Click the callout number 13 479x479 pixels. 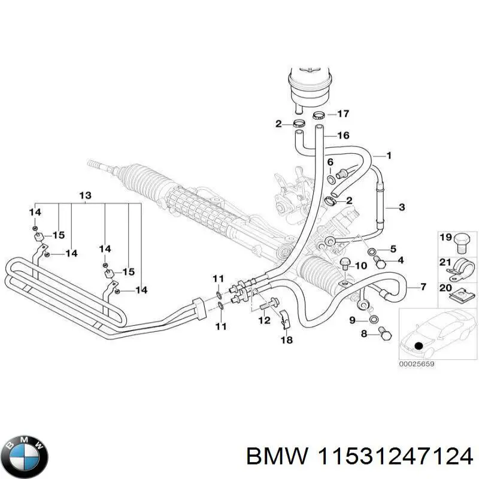pos(85,195)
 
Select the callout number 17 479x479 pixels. pos(342,114)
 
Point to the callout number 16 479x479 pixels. pos(342,136)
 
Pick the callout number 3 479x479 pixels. pos(401,208)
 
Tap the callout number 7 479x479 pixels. pos(423,287)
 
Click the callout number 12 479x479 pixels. pos(264,321)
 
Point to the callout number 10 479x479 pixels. pos(361,266)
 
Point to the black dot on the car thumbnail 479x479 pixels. pos(419,346)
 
